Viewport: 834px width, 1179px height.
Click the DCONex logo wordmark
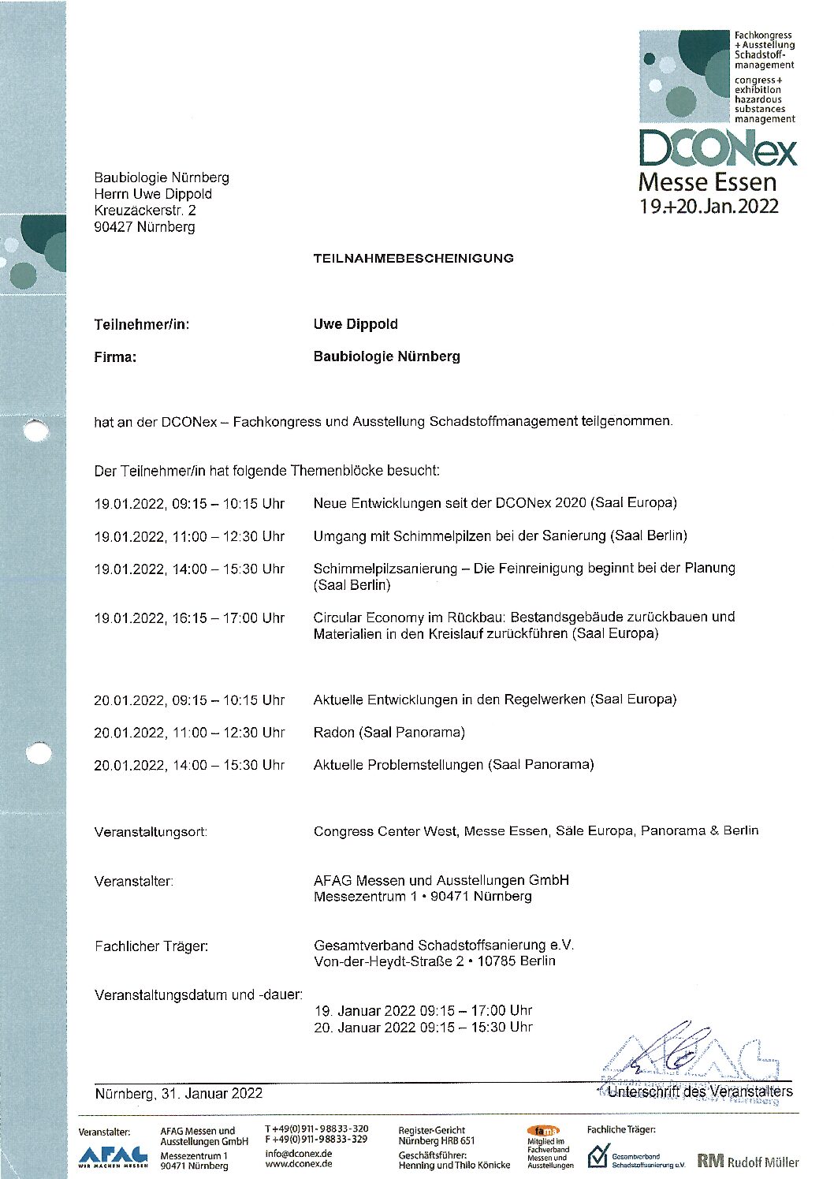(x=717, y=149)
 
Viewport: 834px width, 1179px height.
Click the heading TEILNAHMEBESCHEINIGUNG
(x=413, y=258)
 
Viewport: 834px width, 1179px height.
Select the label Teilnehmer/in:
(x=142, y=324)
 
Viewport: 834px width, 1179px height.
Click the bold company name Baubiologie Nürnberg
(x=386, y=356)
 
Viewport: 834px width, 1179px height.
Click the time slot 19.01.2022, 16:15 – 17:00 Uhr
(x=189, y=618)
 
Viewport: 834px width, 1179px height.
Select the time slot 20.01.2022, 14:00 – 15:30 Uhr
(x=189, y=765)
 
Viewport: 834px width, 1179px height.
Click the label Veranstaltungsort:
(x=151, y=832)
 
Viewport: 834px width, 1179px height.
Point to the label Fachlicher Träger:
(x=151, y=946)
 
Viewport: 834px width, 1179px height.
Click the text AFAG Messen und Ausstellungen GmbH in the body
(x=441, y=880)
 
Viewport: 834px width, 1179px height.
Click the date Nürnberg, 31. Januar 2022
(x=178, y=1094)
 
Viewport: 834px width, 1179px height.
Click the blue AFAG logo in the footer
(x=113, y=1155)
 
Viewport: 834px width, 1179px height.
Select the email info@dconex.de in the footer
(x=298, y=1153)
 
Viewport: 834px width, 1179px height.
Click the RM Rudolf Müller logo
(x=747, y=1162)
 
